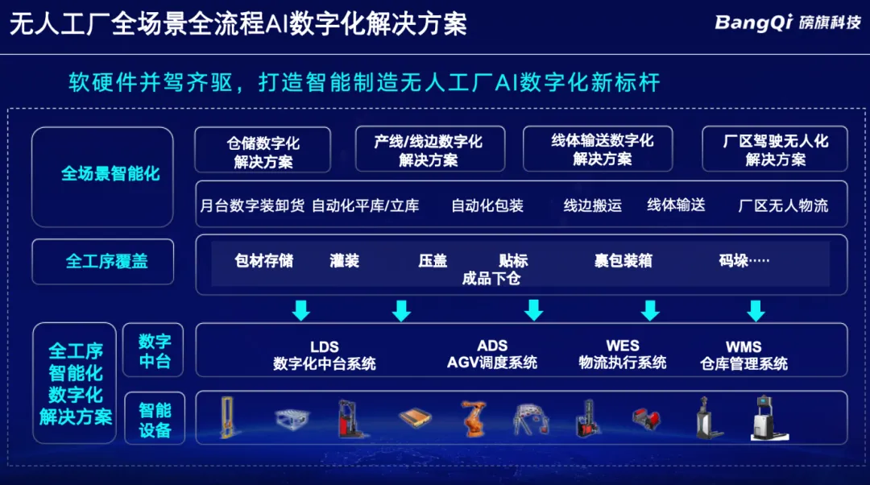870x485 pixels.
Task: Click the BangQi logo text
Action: (753, 23)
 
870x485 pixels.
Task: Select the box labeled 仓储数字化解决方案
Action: (263, 150)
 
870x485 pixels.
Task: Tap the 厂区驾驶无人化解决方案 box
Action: (775, 149)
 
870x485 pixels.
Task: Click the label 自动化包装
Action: (487, 206)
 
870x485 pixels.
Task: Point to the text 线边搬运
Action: (593, 205)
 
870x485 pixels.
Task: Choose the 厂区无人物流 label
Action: (783, 206)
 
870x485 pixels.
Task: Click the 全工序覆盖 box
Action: (102, 261)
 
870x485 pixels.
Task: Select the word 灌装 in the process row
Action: (345, 260)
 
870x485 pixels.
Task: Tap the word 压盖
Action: (433, 260)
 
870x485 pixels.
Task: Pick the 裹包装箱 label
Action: (623, 260)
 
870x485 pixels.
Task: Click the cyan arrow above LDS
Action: (301, 311)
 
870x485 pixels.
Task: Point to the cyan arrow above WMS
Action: (756, 311)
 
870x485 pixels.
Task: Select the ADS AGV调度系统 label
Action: (492, 354)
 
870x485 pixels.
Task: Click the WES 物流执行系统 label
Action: (623, 354)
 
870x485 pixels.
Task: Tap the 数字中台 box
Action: (153, 350)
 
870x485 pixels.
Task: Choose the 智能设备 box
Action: (155, 419)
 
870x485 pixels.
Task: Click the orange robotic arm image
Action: (474, 418)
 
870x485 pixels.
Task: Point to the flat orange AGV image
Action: (415, 417)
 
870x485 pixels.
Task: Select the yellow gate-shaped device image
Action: (226, 417)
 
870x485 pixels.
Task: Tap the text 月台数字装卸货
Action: (252, 206)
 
